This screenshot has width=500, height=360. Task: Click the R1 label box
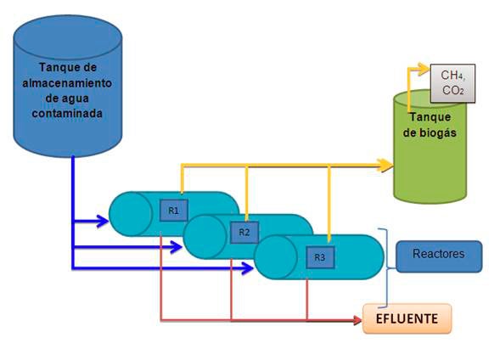point(173,211)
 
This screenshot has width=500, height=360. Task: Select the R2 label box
point(244,232)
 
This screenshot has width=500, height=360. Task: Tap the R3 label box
point(320,257)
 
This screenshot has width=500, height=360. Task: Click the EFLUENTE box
point(407,318)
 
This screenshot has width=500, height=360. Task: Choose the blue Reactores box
point(439,256)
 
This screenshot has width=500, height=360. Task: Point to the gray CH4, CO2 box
point(452,83)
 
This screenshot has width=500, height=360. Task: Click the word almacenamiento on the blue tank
point(67,83)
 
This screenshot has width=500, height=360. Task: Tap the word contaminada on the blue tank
point(67,113)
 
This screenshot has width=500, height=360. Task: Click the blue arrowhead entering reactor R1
point(103,221)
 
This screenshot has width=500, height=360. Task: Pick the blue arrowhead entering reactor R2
point(177,247)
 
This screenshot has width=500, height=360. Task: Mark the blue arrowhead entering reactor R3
point(248,268)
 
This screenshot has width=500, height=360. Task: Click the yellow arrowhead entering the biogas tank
point(385,166)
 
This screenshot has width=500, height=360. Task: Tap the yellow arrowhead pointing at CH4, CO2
point(424,69)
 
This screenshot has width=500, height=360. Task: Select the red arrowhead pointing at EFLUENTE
point(358,320)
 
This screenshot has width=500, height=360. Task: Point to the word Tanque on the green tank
point(430,117)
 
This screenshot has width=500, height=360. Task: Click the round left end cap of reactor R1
point(131,214)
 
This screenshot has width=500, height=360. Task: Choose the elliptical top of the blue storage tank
point(68,37)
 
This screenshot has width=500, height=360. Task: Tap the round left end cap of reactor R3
point(276,257)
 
